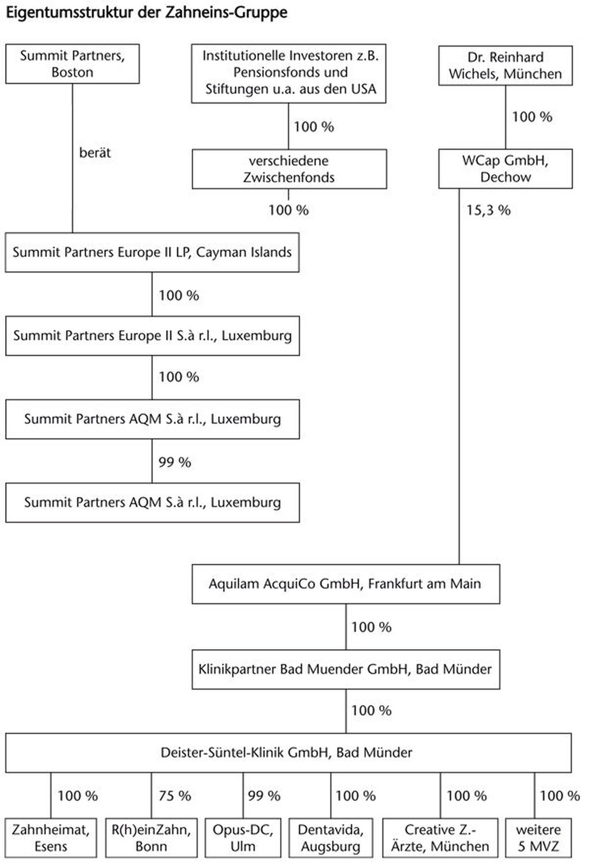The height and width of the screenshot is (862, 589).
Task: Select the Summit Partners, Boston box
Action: [72, 64]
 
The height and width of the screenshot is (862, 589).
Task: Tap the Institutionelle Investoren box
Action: [289, 73]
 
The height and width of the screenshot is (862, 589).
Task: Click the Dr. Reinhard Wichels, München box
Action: [506, 66]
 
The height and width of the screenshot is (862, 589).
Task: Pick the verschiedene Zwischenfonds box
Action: [289, 169]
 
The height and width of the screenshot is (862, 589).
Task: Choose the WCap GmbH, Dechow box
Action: [506, 168]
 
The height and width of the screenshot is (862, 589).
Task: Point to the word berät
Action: [95, 153]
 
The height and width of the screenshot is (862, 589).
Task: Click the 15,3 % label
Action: [488, 210]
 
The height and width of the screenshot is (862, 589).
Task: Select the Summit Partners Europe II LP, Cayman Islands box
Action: [152, 252]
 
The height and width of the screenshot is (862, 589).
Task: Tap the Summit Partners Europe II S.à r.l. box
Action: [152, 336]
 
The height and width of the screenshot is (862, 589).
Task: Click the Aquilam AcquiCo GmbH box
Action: [346, 584]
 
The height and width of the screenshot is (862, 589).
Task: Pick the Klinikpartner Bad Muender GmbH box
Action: [346, 669]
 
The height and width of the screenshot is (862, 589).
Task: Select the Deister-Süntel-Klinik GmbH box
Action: [288, 753]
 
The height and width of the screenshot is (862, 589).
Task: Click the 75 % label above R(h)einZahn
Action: [175, 796]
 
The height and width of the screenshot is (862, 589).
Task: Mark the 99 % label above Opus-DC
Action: [264, 796]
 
